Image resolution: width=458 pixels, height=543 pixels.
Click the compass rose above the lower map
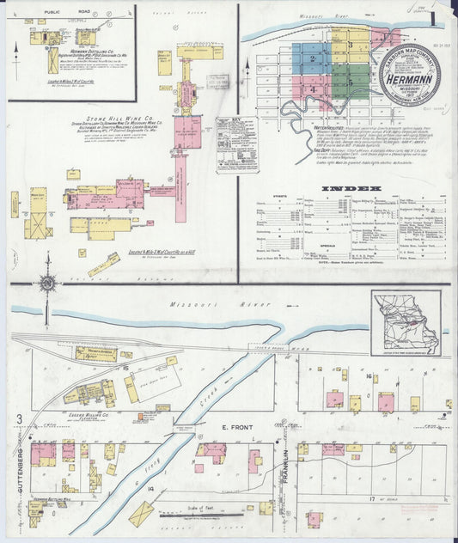pos(48,283)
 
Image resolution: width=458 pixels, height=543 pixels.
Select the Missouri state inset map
pos(406,322)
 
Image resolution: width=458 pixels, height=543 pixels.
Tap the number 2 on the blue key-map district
pos(313,58)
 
